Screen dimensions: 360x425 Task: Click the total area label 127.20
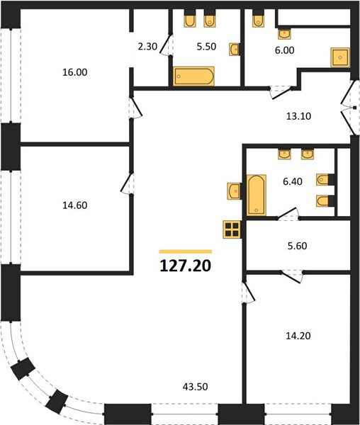point(186,266)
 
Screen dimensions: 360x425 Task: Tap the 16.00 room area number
point(75,72)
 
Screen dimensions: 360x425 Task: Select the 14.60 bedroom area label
point(75,205)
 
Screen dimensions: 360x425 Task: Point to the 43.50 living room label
point(195,387)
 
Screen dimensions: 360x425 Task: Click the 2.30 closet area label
point(147,46)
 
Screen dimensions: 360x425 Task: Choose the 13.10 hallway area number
point(298,116)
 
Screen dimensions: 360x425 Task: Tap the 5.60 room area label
point(297,246)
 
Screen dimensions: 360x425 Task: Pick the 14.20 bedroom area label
point(298,336)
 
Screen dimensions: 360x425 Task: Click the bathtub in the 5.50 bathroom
point(193,76)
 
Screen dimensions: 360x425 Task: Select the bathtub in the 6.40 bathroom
point(256,195)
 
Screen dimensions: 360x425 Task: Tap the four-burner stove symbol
point(232,229)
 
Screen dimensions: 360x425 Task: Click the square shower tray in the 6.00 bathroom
point(340,57)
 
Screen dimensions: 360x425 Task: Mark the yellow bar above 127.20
point(186,251)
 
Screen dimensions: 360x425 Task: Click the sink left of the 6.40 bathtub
point(234,191)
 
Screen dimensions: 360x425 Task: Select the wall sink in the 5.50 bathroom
point(234,50)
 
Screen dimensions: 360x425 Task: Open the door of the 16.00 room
point(136,108)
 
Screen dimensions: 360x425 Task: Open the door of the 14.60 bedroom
point(127,183)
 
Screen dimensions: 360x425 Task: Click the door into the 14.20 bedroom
point(249,293)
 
